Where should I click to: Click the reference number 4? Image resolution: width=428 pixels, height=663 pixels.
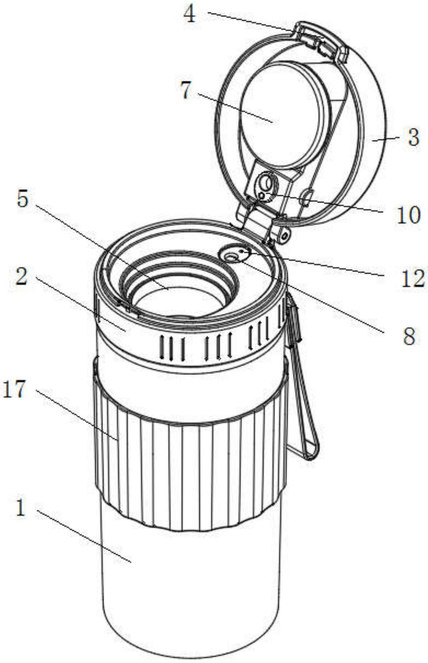(190, 15)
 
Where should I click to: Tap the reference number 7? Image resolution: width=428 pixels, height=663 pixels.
(186, 90)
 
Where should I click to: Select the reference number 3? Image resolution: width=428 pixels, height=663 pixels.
(414, 138)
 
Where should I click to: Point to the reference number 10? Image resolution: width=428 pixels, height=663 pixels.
(408, 215)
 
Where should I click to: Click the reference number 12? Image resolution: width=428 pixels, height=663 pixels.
(413, 279)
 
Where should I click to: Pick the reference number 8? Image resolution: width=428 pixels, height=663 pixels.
(409, 336)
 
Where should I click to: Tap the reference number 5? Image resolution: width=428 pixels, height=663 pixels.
(23, 199)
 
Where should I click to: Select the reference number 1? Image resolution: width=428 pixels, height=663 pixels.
(21, 508)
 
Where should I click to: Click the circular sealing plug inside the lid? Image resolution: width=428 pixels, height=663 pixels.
(284, 116)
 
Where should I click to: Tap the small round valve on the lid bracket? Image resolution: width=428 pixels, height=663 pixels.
(266, 186)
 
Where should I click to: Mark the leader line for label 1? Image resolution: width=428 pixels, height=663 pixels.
(84, 537)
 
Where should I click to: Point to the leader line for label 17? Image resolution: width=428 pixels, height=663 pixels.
(77, 414)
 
